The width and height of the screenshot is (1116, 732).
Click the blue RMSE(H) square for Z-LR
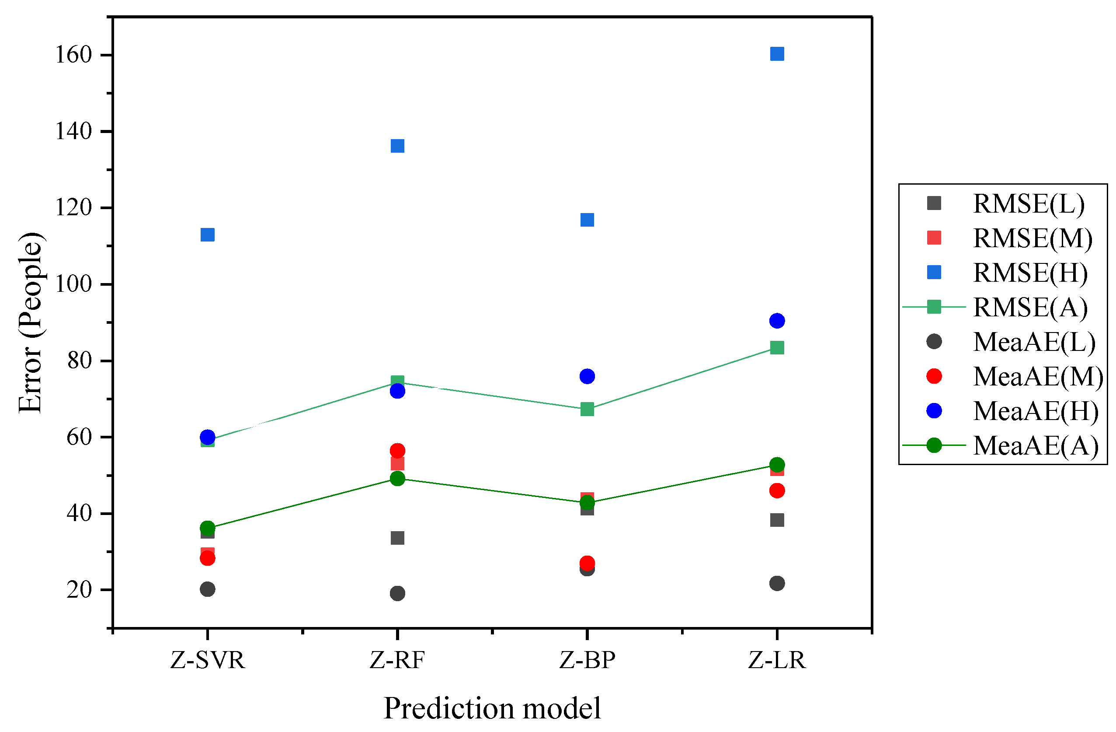click(x=777, y=54)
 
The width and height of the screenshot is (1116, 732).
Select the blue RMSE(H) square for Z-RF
click(x=397, y=146)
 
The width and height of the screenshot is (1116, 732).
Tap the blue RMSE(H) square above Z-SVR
click(x=207, y=235)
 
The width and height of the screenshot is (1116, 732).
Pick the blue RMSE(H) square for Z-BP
click(x=587, y=220)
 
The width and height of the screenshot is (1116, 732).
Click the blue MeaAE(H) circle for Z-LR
click(x=777, y=321)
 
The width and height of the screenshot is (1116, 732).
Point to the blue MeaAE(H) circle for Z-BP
click(x=587, y=376)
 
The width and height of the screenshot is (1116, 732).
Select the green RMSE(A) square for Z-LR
click(x=777, y=348)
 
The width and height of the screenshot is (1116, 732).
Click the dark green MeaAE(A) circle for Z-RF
click(x=397, y=479)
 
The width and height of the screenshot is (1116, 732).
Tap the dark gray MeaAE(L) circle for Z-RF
click(x=397, y=594)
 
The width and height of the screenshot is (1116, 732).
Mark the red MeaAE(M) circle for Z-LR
click(x=777, y=491)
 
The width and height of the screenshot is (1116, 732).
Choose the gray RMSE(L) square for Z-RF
click(x=397, y=538)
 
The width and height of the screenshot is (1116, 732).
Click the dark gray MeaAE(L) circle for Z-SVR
click(x=207, y=589)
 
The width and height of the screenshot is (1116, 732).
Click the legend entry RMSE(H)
click(x=1030, y=273)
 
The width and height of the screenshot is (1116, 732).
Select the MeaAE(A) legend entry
click(x=1035, y=445)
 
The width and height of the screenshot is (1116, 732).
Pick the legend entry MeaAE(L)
click(x=1034, y=342)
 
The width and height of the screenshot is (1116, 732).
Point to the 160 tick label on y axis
click(x=73, y=55)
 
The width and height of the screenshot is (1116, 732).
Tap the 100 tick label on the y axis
click(x=73, y=284)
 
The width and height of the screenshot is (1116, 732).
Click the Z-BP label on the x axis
click(x=587, y=660)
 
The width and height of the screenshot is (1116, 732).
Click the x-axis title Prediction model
click(x=492, y=708)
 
